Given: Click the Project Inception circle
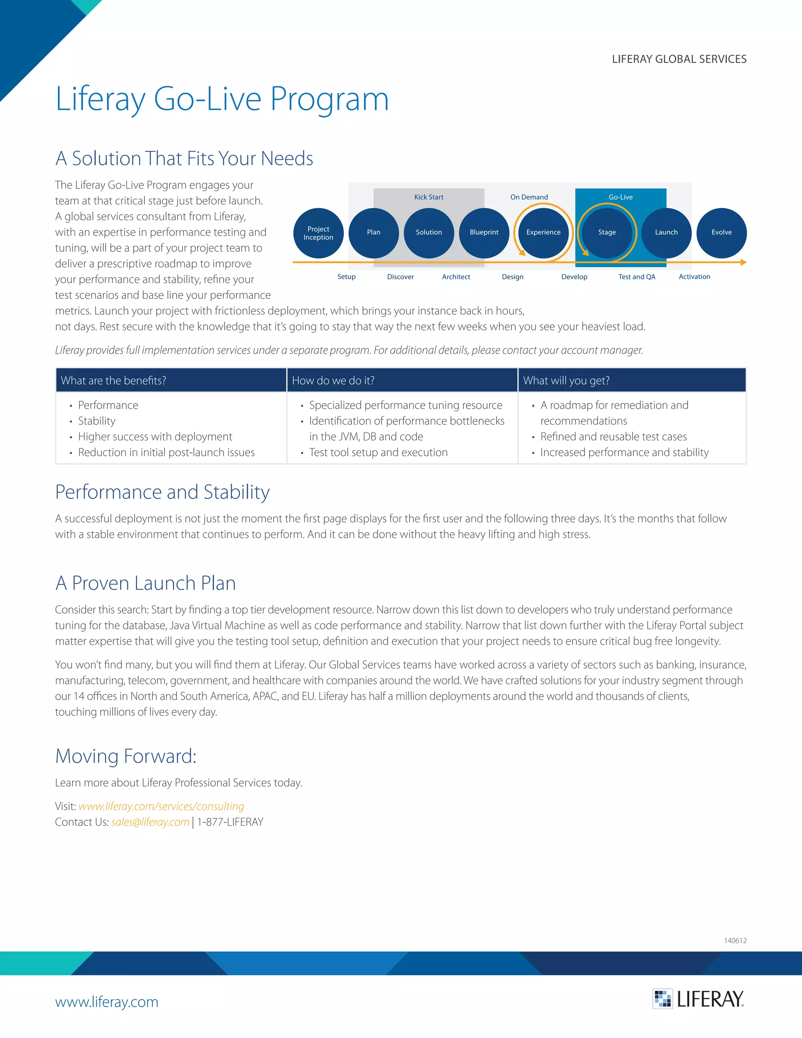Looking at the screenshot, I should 318,233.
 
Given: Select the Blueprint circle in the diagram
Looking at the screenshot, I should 484,233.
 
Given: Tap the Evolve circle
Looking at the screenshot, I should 721,233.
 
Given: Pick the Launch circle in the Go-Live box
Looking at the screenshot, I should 666,233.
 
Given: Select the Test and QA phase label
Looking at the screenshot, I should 637,277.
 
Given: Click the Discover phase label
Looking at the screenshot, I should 400,277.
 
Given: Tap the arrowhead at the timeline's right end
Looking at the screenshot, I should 744,262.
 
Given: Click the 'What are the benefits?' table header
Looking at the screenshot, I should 114,381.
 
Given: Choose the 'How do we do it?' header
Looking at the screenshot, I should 333,381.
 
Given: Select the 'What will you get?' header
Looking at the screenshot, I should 566,381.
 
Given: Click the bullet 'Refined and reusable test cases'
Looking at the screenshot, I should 613,437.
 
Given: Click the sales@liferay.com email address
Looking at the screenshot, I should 150,822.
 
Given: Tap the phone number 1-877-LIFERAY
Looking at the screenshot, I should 230,822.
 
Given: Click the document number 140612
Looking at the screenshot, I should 735,940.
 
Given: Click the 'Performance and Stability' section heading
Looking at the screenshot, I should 163,492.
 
